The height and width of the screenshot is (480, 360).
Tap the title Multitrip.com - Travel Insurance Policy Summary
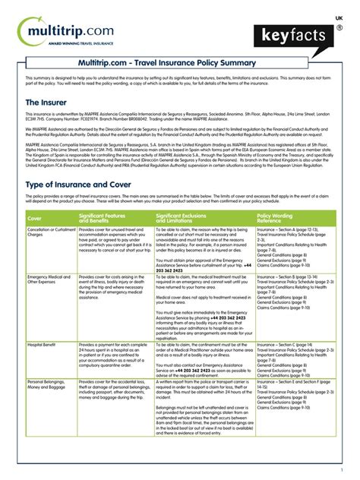[180, 65]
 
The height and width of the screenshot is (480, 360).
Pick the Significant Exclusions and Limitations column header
[190, 218]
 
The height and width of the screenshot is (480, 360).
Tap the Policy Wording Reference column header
[276, 218]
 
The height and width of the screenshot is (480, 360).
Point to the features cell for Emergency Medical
[111, 288]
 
